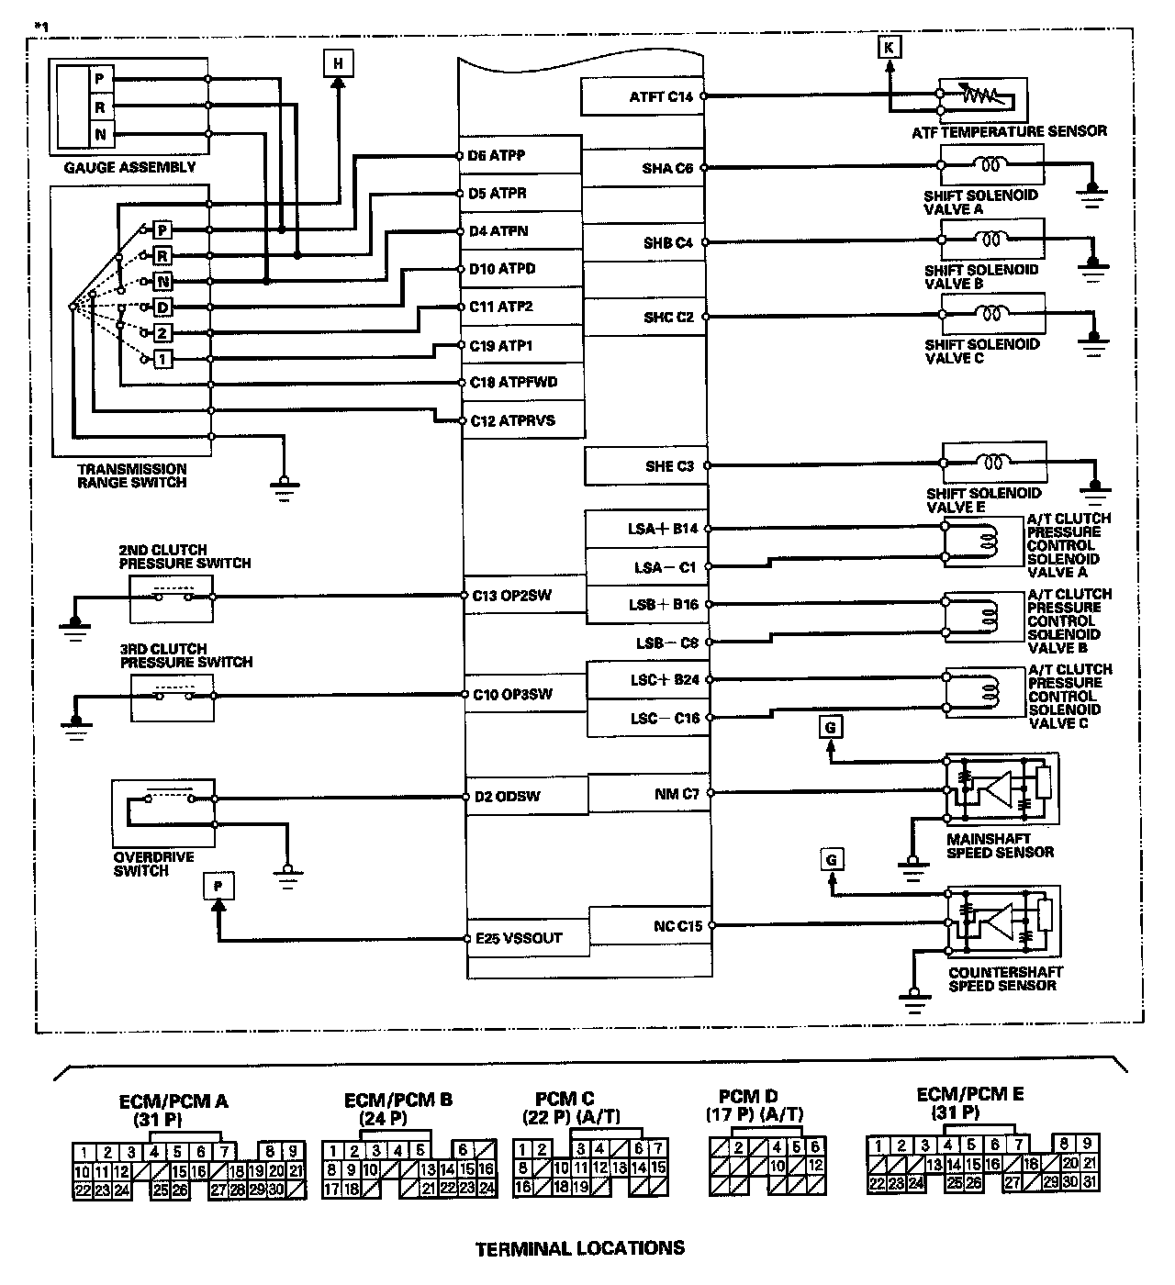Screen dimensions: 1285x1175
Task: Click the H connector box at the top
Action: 338,63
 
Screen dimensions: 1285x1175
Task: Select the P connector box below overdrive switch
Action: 218,886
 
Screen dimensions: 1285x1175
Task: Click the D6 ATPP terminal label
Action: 496,155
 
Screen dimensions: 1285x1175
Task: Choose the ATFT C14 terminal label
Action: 661,96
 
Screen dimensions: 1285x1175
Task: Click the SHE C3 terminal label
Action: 669,466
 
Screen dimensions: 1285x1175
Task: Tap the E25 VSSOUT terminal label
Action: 519,939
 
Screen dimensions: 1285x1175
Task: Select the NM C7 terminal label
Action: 677,794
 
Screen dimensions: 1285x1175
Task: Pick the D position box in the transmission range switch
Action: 162,307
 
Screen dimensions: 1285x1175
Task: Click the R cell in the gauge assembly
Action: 99,107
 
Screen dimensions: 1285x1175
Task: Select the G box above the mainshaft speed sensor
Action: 830,727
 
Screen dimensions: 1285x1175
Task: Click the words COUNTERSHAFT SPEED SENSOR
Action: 1005,978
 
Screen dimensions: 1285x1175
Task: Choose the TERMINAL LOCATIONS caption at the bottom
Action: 580,1248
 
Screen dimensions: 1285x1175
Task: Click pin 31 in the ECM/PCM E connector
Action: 1089,1182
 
